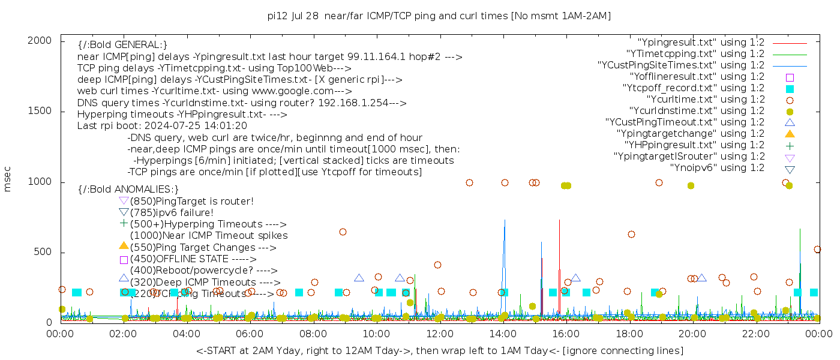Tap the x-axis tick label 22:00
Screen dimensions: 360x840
(x=755, y=334)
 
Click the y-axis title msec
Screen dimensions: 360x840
(x=8, y=179)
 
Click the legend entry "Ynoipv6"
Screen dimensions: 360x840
(x=717, y=167)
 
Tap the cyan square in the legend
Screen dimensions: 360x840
(x=790, y=88)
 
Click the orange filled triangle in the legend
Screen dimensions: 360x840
(x=790, y=133)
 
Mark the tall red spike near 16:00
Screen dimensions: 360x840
(x=559, y=221)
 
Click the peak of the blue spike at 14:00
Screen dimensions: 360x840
(x=505, y=220)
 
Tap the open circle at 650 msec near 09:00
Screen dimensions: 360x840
(x=343, y=232)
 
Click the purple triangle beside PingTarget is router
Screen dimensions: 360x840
(x=124, y=200)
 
